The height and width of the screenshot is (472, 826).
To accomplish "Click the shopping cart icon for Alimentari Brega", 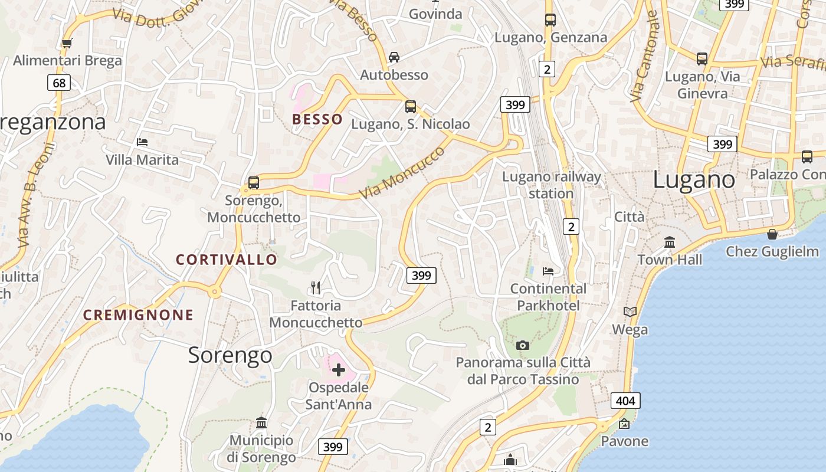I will pyautogui.click(x=67, y=43).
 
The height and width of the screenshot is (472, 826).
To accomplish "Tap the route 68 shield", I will pyautogui.click(x=59, y=83).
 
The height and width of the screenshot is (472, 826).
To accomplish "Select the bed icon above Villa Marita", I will pyautogui.click(x=142, y=142).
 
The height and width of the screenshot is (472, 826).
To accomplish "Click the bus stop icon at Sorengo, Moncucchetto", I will pyautogui.click(x=254, y=182).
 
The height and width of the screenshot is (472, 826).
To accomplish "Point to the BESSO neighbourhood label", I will pyautogui.click(x=317, y=119).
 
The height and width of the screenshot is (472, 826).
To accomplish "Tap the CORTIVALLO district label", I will pyautogui.click(x=227, y=260).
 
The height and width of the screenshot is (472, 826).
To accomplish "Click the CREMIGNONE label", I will pyautogui.click(x=138, y=315).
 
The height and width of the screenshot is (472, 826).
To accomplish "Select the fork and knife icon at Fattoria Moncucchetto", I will pyautogui.click(x=316, y=288).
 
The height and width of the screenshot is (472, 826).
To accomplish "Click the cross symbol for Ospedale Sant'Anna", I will pyautogui.click(x=339, y=370).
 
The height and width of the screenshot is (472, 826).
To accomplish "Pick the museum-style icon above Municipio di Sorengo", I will pyautogui.click(x=261, y=423).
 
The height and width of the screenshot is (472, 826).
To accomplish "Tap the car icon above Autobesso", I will pyautogui.click(x=394, y=57).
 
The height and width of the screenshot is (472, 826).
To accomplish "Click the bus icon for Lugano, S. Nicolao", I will pyautogui.click(x=411, y=107).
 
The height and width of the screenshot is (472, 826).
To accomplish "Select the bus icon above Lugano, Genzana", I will pyautogui.click(x=550, y=19).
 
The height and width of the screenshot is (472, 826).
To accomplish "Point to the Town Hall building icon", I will pyautogui.click(x=670, y=242).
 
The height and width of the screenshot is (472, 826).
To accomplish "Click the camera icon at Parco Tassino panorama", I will pyautogui.click(x=523, y=345).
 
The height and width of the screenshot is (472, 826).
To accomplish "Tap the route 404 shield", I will pyautogui.click(x=625, y=401).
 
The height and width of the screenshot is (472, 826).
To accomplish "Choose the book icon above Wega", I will pyautogui.click(x=630, y=312).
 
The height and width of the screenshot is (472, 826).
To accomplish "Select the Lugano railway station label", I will pyautogui.click(x=551, y=185).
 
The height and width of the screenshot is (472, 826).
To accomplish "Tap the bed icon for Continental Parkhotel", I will pyautogui.click(x=548, y=271).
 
